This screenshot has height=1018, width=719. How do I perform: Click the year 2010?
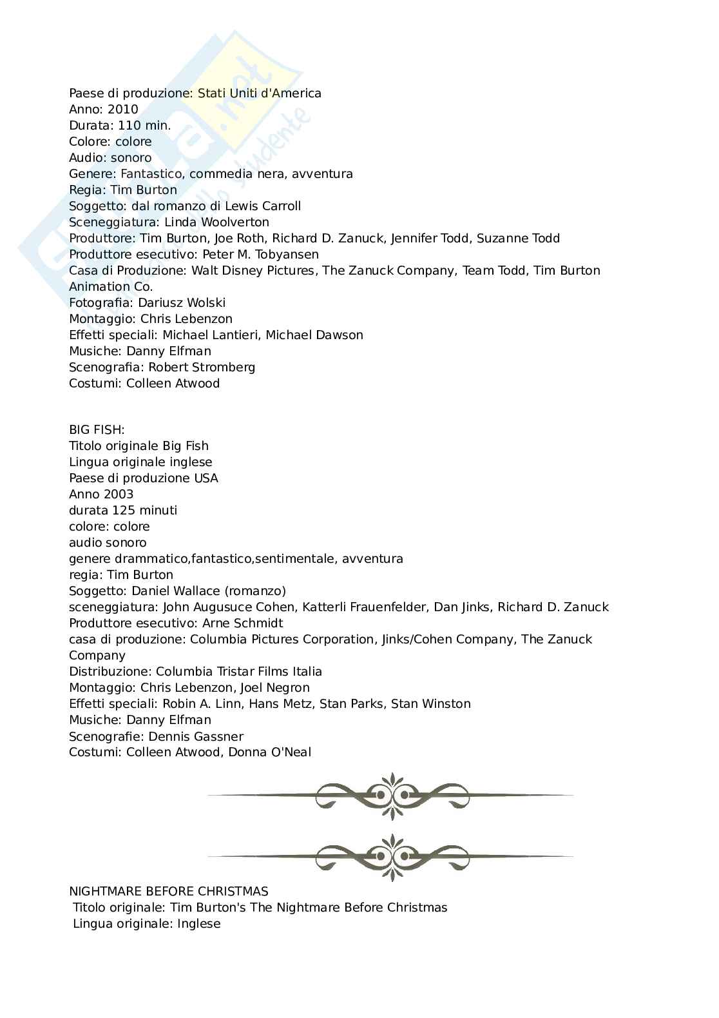122,110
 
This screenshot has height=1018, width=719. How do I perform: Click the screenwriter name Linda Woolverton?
217,222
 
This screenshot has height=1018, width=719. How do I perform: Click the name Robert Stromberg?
202,367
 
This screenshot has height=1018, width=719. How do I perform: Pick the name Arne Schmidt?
242,623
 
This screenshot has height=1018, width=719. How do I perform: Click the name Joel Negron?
279,688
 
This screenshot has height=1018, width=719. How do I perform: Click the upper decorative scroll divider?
390,796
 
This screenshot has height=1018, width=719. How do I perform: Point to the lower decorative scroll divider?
390,856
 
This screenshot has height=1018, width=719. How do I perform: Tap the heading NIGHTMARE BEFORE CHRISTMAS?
169,892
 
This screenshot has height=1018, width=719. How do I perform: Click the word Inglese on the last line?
199,924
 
